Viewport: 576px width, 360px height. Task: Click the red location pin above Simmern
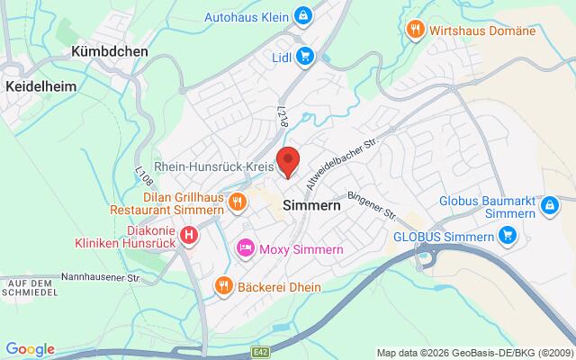pos(287,161)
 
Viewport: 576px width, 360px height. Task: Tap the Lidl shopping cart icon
pos(305,56)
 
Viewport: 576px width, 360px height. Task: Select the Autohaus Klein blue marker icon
pos(305,16)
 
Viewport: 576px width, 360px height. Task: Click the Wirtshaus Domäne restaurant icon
pos(415,28)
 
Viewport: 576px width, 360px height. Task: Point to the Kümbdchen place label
pos(109,52)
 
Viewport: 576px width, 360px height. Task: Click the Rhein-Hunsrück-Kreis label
pos(214,167)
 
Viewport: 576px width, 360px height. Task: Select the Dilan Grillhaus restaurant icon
pos(238,202)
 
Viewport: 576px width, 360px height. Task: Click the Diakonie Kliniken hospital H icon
pos(189,236)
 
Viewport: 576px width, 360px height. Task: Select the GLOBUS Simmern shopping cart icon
pos(508,237)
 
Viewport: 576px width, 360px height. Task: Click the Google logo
pos(30,349)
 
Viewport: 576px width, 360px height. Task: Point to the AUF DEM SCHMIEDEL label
pos(31,288)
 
